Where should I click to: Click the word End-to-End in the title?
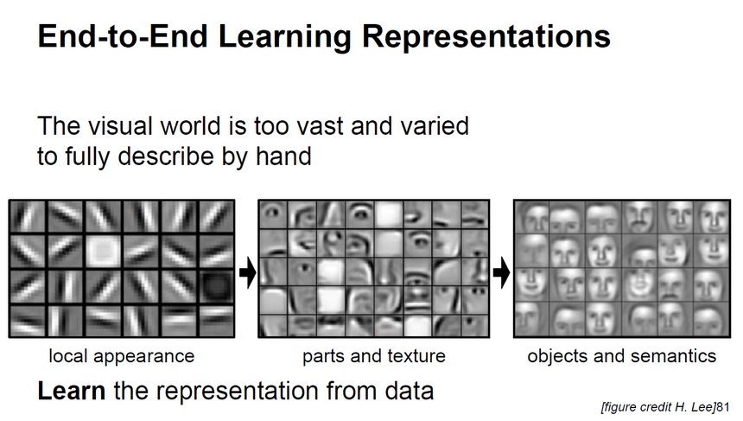pyautogui.click(x=124, y=36)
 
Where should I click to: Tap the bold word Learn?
pyautogui.click(x=71, y=391)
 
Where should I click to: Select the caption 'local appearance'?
pyautogui.click(x=122, y=356)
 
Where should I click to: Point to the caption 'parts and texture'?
pyautogui.click(x=374, y=356)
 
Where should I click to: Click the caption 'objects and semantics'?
pyautogui.click(x=622, y=356)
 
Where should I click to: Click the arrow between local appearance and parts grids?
pyautogui.click(x=247, y=272)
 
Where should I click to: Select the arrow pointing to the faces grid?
pyautogui.click(x=501, y=272)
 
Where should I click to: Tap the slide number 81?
pyautogui.click(x=722, y=407)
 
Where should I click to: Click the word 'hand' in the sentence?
pyautogui.click(x=283, y=156)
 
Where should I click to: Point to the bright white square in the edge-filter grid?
pyautogui.click(x=104, y=251)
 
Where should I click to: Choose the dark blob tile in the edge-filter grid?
pyautogui.click(x=216, y=286)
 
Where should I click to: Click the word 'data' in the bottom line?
pyautogui.click(x=409, y=391)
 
